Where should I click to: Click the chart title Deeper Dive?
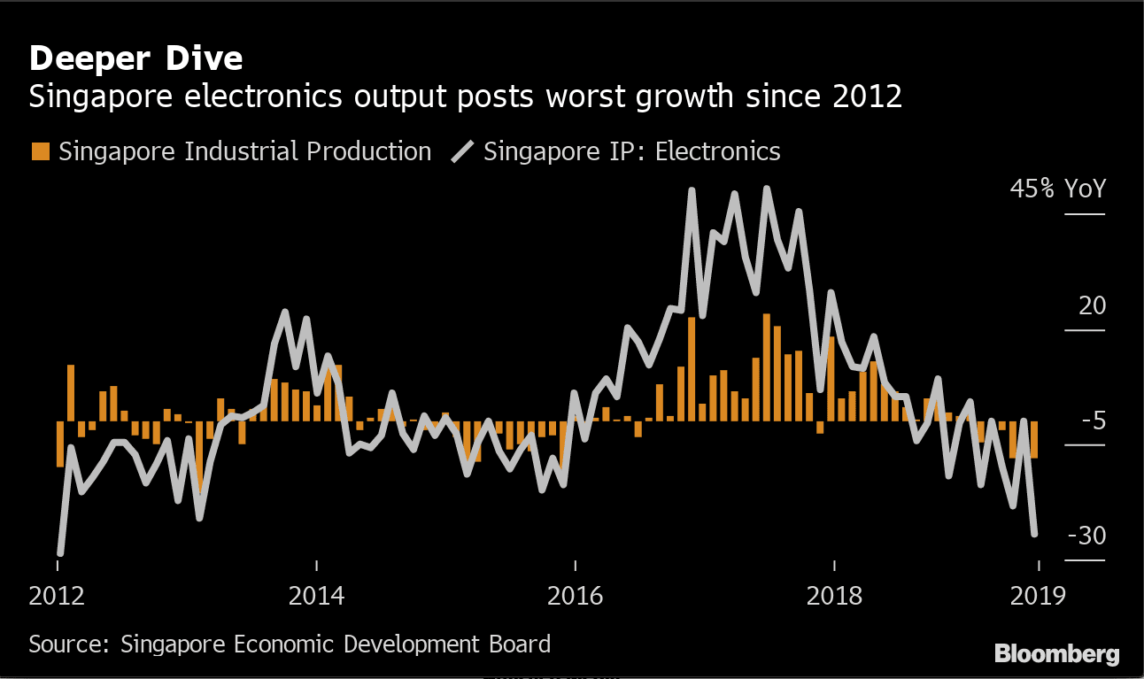coord(135,58)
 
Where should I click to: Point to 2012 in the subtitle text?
coord(868,96)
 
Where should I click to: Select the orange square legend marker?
coord(40,151)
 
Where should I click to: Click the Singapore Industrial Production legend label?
coord(244,151)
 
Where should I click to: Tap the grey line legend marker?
coord(462,151)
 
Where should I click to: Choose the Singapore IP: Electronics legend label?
coord(631,151)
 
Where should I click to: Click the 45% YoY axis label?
coord(1058,189)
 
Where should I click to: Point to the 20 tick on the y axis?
coord(1092,306)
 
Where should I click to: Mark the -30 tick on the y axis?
coord(1086,536)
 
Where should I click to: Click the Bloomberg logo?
coord(1056,654)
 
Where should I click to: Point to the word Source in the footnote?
coord(65,644)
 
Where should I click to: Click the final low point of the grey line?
coord(1034,534)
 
